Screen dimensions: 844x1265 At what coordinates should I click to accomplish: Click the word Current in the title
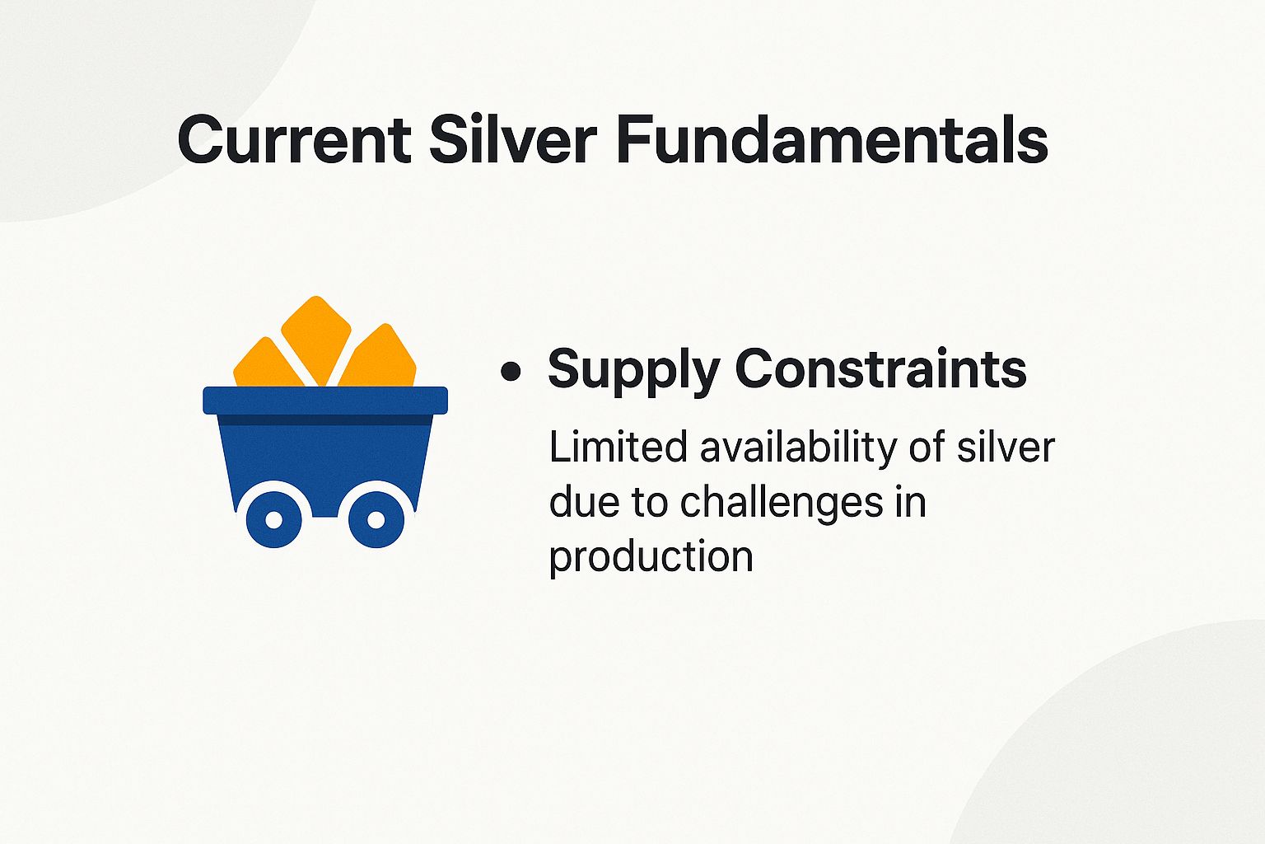click(x=294, y=140)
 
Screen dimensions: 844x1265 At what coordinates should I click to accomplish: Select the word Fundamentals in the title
click(x=832, y=140)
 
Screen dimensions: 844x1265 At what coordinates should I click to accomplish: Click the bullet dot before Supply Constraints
click(x=511, y=372)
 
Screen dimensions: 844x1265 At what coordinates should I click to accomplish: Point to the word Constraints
click(x=880, y=368)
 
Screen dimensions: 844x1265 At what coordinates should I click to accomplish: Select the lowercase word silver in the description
click(x=1006, y=448)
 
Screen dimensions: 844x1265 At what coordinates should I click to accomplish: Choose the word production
click(x=651, y=557)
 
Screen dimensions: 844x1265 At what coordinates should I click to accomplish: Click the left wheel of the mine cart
click(x=274, y=519)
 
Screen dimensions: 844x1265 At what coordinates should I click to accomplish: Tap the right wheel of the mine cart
click(x=376, y=519)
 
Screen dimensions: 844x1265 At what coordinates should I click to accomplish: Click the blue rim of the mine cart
click(x=325, y=400)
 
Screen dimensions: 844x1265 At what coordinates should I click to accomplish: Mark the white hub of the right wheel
click(x=376, y=520)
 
